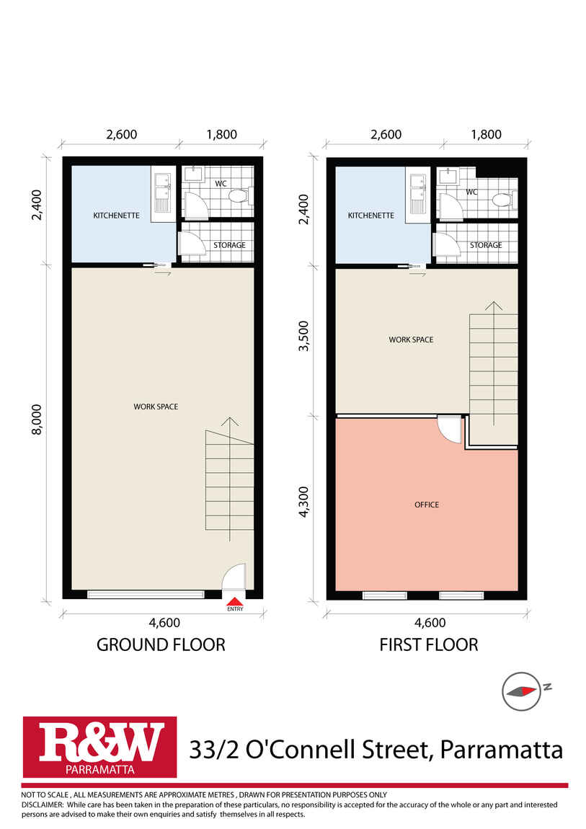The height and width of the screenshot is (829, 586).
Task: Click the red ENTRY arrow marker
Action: click(235, 601)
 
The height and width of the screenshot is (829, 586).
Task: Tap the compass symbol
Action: click(521, 691)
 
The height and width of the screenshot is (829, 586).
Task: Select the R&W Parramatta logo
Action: click(100, 747)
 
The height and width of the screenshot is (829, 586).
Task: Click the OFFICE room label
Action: click(427, 505)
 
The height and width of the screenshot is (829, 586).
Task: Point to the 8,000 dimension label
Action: click(37, 420)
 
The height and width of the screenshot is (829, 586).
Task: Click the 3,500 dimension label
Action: click(303, 336)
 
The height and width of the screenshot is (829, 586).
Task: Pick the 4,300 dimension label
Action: click(303, 502)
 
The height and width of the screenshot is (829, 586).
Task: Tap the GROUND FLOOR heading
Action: click(161, 644)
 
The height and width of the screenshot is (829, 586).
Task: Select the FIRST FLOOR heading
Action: click(429, 644)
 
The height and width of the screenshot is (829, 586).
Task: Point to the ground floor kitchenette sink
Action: click(162, 191)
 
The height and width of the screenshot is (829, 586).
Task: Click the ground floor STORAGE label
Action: click(229, 245)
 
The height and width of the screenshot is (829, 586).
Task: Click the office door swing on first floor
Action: click(450, 430)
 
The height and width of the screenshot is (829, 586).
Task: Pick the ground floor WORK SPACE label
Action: click(156, 407)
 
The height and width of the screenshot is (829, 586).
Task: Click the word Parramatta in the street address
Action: click(501, 750)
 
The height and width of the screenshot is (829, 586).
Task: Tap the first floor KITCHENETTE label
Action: click(371, 216)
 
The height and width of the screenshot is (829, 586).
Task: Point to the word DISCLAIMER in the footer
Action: click(43, 804)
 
